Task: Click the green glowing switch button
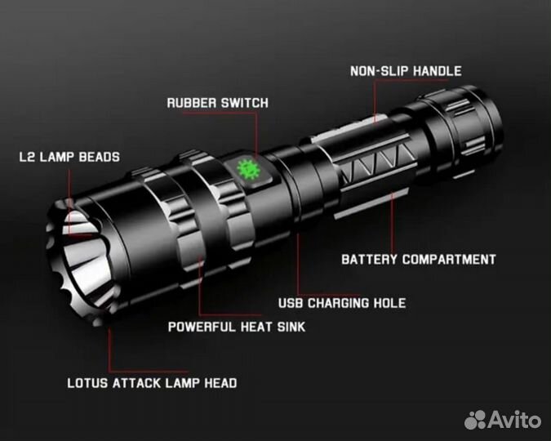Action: [249, 170]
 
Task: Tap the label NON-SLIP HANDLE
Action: [406, 71]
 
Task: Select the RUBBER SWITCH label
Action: [217, 103]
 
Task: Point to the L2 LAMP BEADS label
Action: [69, 157]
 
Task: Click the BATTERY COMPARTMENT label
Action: [419, 260]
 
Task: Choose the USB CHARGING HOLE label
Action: [342, 303]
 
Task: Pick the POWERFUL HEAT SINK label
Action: [237, 327]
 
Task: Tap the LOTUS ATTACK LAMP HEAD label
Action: [152, 383]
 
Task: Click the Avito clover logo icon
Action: [475, 420]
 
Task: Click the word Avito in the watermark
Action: [514, 420]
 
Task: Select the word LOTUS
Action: [87, 383]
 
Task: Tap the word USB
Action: [291, 303]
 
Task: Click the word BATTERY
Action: [369, 260]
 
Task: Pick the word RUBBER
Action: [192, 103]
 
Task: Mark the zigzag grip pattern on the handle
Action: [376, 164]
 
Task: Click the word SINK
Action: [291, 327]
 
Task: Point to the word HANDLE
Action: [438, 71]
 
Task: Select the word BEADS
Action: [100, 157]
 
